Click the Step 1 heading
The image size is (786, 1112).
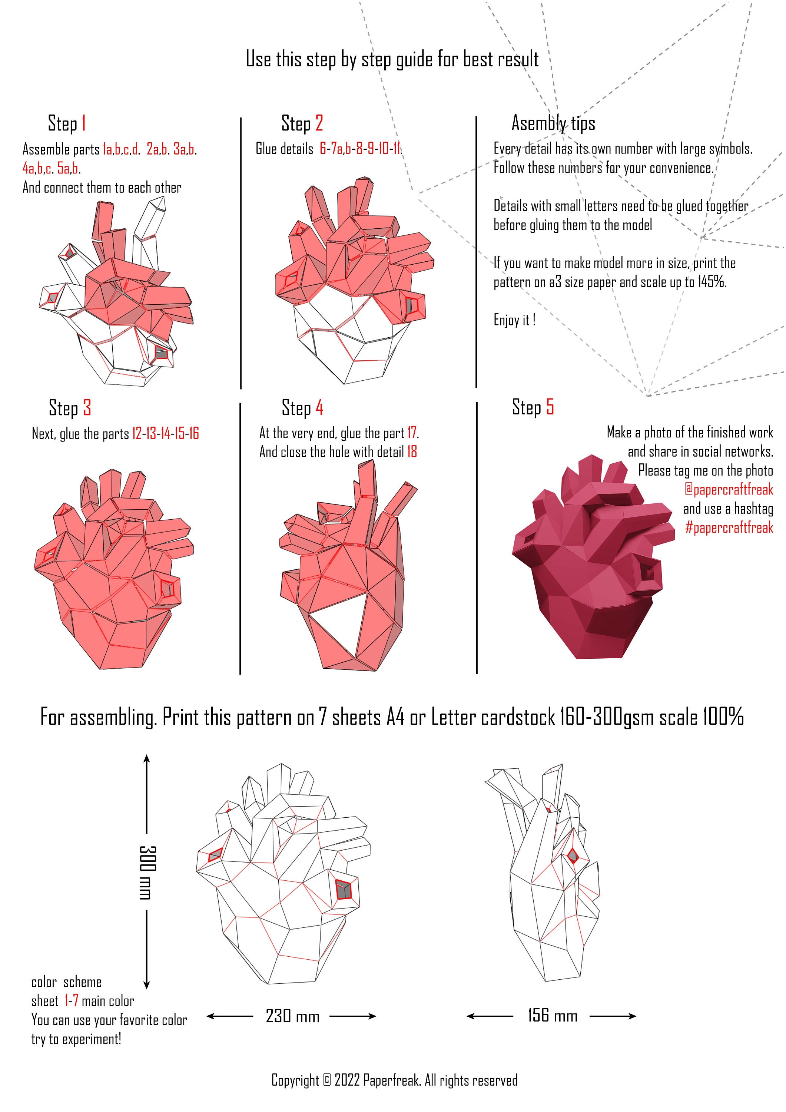pyautogui.click(x=67, y=123)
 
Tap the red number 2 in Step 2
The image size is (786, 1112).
pyautogui.click(x=319, y=123)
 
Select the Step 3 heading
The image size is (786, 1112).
pyautogui.click(x=70, y=408)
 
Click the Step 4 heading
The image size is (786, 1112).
pyautogui.click(x=302, y=408)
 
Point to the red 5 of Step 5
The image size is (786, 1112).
pyautogui.click(x=550, y=407)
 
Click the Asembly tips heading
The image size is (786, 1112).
pyautogui.click(x=553, y=123)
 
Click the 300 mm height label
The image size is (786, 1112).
pyautogui.click(x=147, y=872)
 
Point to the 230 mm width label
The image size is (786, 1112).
pyautogui.click(x=292, y=1016)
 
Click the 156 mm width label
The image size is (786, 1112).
pyautogui.click(x=552, y=1016)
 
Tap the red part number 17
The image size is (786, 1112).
pyautogui.click(x=412, y=433)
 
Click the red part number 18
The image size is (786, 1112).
pyautogui.click(x=412, y=452)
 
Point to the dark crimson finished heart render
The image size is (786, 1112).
pyautogui.click(x=591, y=567)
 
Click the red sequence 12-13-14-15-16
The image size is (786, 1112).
pyautogui.click(x=165, y=433)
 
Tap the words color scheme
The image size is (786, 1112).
pyautogui.click(x=66, y=982)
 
